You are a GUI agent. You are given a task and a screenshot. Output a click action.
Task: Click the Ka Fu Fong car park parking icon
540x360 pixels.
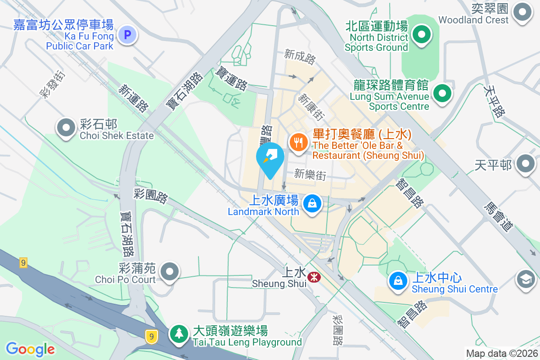point(128,34)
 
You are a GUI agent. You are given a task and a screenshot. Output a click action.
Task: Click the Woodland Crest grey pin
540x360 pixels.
point(522,12)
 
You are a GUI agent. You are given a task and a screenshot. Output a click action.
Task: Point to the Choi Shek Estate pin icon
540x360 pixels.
point(66,127)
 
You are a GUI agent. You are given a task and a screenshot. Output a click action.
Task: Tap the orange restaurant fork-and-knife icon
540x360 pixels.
point(298,143)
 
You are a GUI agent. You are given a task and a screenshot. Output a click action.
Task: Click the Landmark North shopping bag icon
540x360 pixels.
point(311,203)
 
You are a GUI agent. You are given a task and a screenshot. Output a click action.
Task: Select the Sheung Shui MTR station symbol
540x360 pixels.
point(313,278)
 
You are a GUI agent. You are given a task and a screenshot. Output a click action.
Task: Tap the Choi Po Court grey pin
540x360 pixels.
point(170,271)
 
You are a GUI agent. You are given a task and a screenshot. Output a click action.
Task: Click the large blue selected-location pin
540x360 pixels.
point(270,159)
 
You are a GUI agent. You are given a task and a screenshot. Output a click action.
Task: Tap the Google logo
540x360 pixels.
point(30,349)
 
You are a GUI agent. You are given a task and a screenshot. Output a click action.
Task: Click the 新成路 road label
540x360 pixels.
point(300,56)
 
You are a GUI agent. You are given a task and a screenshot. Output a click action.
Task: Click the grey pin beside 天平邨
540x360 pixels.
point(525,164)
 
